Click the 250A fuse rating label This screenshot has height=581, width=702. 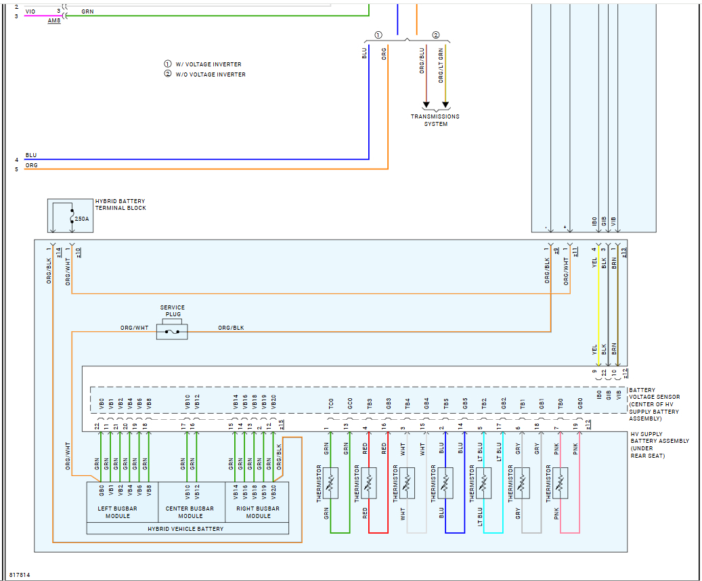point(81,219)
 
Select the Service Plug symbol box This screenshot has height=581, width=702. point(172,331)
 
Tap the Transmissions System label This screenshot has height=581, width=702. point(435,120)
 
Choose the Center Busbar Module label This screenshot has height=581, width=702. point(190,512)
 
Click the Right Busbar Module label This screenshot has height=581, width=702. point(258,512)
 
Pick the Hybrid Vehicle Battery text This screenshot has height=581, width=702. point(187,528)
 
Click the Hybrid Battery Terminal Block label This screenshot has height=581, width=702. point(120,205)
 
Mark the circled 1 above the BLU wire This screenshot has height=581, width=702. point(378,35)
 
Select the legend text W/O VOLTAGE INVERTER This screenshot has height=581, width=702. point(211,74)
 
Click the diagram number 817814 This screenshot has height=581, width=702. point(20,576)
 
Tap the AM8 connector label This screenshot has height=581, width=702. point(54,21)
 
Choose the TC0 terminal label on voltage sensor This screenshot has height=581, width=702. point(331,404)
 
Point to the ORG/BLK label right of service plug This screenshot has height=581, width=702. point(231,328)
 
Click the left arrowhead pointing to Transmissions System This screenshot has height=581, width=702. point(426,105)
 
